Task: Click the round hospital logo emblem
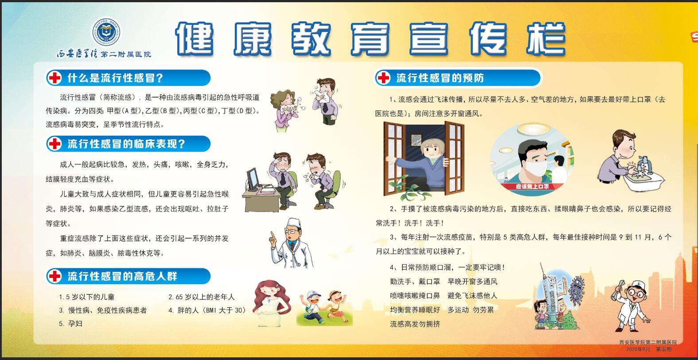pyautogui.click(x=106, y=32)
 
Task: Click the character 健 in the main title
pyautogui.click(x=195, y=39)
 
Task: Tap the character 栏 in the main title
pyautogui.click(x=546, y=39)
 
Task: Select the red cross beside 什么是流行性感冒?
pyautogui.click(x=55, y=78)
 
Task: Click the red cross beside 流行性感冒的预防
pyautogui.click(x=383, y=78)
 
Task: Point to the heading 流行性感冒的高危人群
pyautogui.click(x=122, y=276)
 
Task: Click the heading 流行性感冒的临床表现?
pyautogui.click(x=126, y=144)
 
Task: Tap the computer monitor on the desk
pyautogui.click(x=253, y=180)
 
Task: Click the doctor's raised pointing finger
pyautogui.click(x=273, y=235)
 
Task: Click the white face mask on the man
pyautogui.click(x=537, y=169)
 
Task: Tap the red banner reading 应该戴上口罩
pyautogui.click(x=532, y=186)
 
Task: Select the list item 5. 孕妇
pyautogui.click(x=70, y=324)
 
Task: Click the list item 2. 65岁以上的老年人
pyautogui.click(x=201, y=297)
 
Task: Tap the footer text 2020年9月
pyautogui.click(x=638, y=349)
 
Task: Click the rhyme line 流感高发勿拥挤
pyautogui.click(x=415, y=324)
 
